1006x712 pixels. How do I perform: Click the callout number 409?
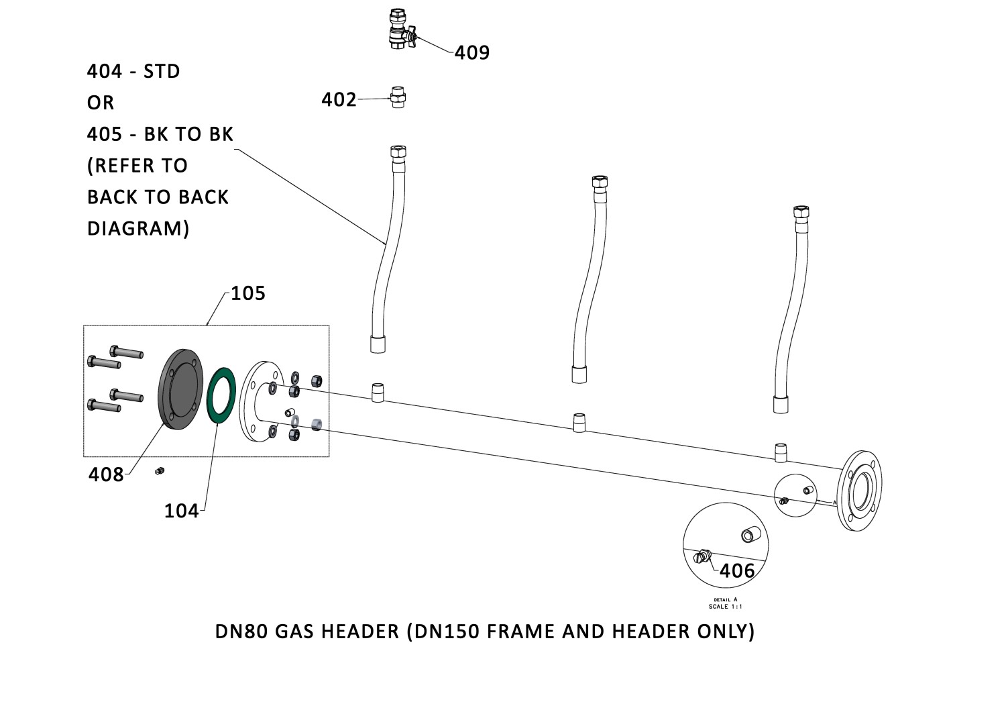pos(472,52)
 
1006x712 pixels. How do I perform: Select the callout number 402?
pos(339,99)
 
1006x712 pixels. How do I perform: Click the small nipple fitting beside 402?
pos(398,98)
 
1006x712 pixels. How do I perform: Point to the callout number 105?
pos(248,293)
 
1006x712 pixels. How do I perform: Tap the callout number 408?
pos(106,474)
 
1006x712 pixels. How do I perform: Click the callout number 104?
pos(181,511)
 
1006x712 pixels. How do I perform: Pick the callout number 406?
pos(736,570)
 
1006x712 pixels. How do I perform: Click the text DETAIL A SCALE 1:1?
pos(726,603)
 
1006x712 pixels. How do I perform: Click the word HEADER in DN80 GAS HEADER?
pos(360,631)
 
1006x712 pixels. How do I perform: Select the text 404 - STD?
pos(133,71)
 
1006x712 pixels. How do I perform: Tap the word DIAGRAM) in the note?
pos(138,229)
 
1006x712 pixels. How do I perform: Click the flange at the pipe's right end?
pos(861,491)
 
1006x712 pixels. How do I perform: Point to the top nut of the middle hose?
pos(599,182)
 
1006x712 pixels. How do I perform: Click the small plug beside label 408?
pos(159,471)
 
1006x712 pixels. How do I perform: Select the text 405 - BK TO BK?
pos(160,134)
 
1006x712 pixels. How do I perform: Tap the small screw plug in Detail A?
pos(702,556)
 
